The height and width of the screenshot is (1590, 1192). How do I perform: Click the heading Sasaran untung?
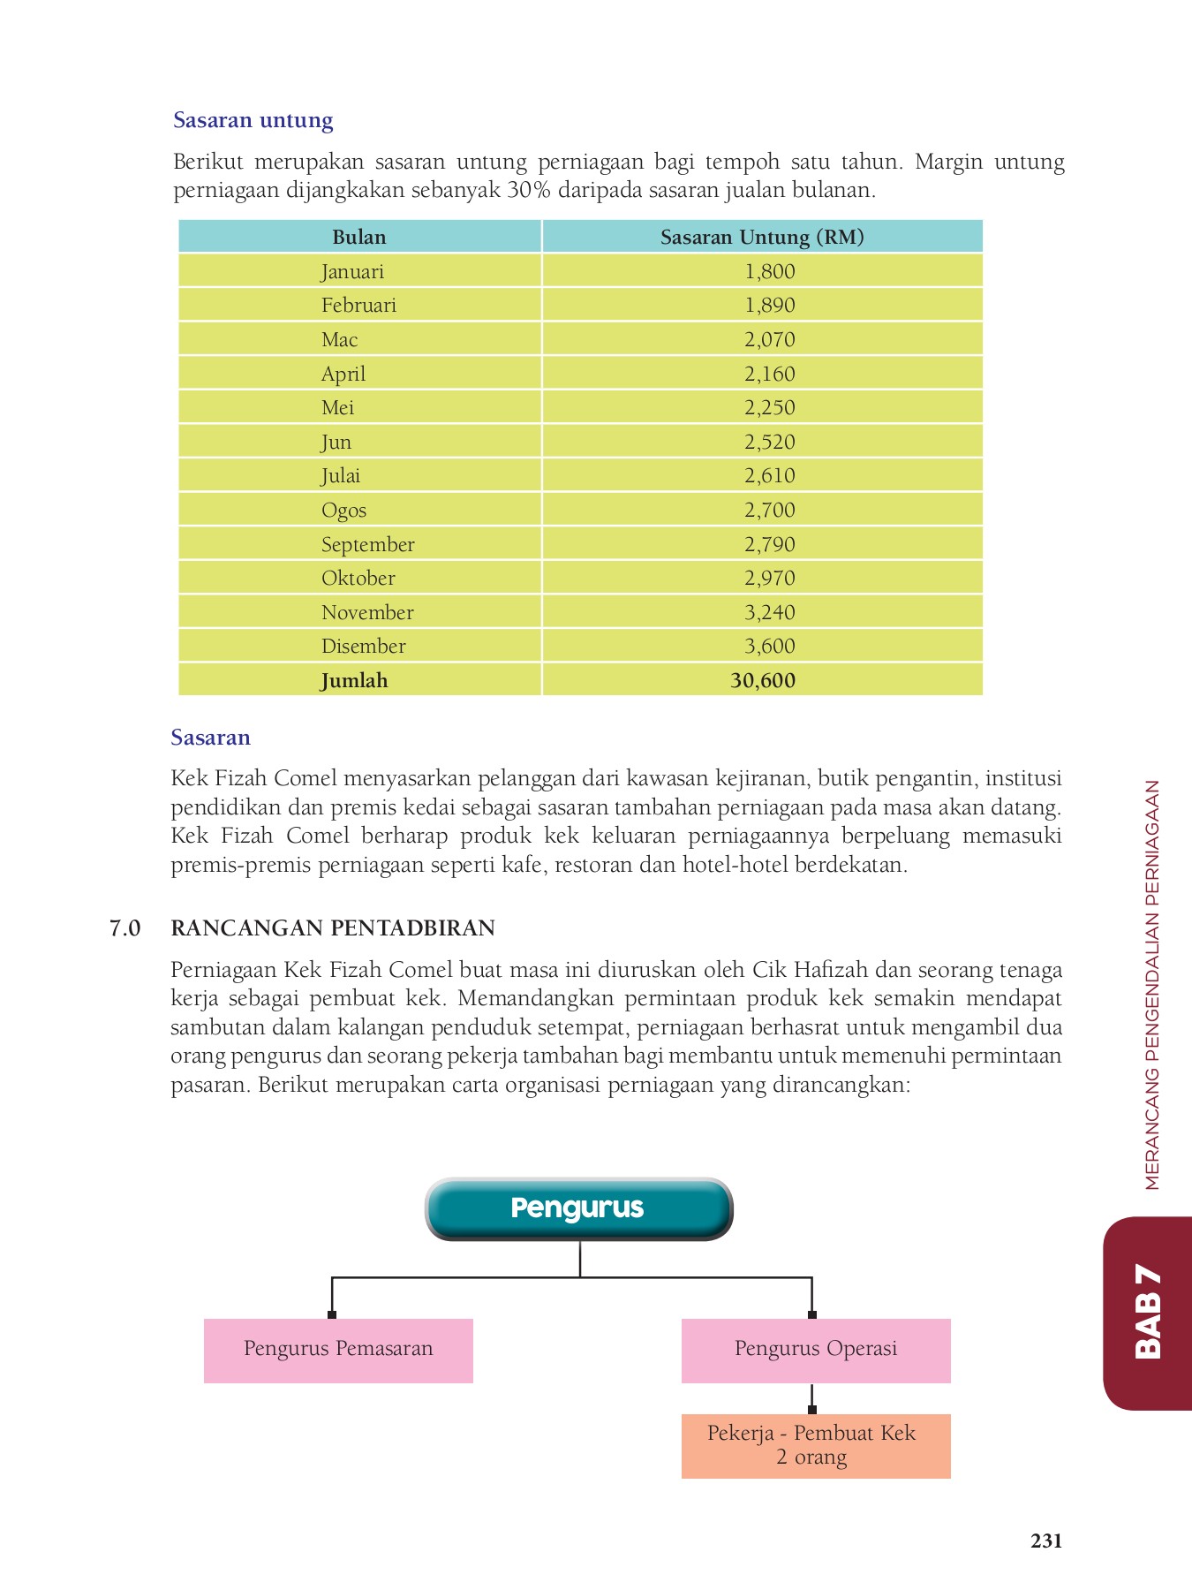pyautogui.click(x=253, y=120)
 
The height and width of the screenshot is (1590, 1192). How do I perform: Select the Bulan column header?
pyautogui.click(x=358, y=237)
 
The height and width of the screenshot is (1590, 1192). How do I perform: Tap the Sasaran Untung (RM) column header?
pyautogui.click(x=761, y=237)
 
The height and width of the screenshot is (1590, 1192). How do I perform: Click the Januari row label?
pyautogui.click(x=352, y=271)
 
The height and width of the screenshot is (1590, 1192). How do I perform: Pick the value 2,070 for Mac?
pyautogui.click(x=769, y=339)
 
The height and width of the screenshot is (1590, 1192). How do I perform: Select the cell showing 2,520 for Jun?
pyautogui.click(x=769, y=442)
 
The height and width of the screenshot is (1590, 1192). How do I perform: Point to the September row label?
pyautogui.click(x=367, y=544)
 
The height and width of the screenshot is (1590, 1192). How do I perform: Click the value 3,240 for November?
pyautogui.click(x=769, y=612)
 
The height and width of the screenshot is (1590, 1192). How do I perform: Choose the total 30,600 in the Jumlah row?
pyautogui.click(x=763, y=680)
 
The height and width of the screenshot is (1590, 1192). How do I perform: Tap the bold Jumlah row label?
pyautogui.click(x=354, y=680)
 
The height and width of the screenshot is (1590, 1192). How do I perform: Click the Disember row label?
pyautogui.click(x=363, y=646)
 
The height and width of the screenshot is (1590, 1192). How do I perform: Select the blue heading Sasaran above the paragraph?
pyautogui.click(x=210, y=738)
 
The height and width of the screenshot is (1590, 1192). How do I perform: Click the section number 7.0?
pyautogui.click(x=124, y=928)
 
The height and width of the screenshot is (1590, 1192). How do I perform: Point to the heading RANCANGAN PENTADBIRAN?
pyautogui.click(x=332, y=928)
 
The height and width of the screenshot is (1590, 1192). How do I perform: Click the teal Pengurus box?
pyautogui.click(x=578, y=1208)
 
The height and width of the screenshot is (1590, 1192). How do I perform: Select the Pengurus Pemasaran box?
pyautogui.click(x=338, y=1350)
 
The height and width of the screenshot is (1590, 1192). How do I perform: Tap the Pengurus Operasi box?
pyautogui.click(x=815, y=1350)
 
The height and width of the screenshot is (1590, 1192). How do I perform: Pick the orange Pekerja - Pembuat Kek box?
pyautogui.click(x=815, y=1445)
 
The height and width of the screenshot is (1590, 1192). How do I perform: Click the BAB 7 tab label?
pyautogui.click(x=1147, y=1311)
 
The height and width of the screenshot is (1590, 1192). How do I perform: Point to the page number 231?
pyautogui.click(x=1045, y=1541)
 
